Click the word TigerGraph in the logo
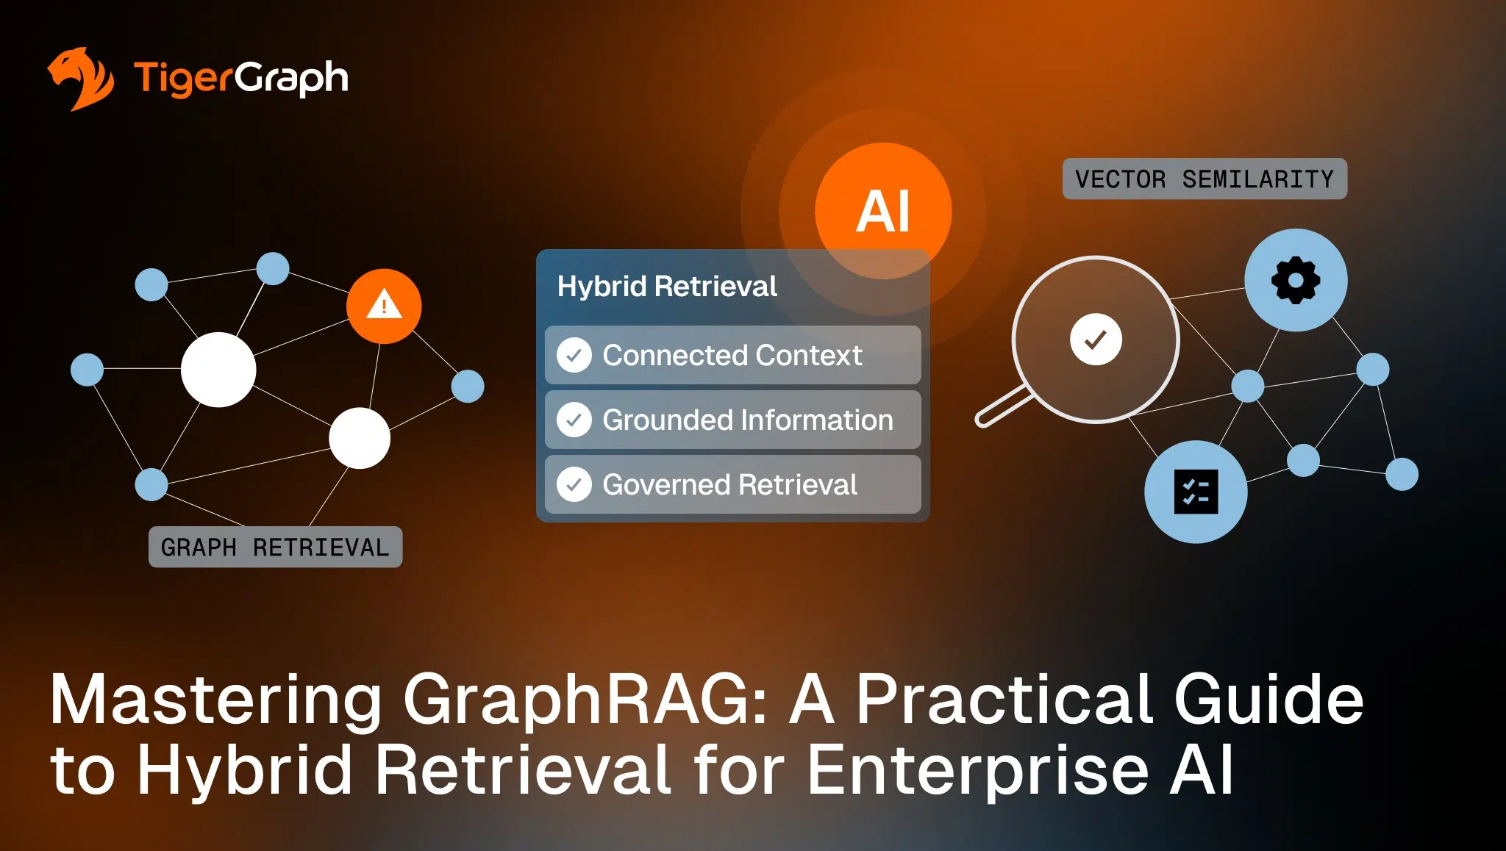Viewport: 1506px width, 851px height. (240, 78)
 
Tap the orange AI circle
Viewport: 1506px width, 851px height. (882, 211)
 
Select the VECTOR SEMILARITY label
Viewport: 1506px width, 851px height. (1204, 179)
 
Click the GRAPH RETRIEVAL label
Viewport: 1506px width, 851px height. (275, 547)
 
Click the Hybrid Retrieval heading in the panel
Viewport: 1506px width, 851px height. (666, 287)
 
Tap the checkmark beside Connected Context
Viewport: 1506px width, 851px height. (574, 356)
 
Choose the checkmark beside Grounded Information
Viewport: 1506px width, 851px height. (574, 420)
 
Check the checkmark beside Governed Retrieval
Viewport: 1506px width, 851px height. (574, 485)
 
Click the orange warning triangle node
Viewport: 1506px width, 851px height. (384, 306)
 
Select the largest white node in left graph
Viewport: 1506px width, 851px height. (218, 370)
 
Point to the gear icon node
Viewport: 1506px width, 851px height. (1296, 280)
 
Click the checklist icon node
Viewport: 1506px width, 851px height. (1196, 492)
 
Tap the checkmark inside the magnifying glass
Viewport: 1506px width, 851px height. (1096, 340)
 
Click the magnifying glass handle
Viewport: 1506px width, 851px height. (1002, 407)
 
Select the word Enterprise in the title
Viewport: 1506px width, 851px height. (978, 769)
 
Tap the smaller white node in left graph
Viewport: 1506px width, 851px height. (360, 438)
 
